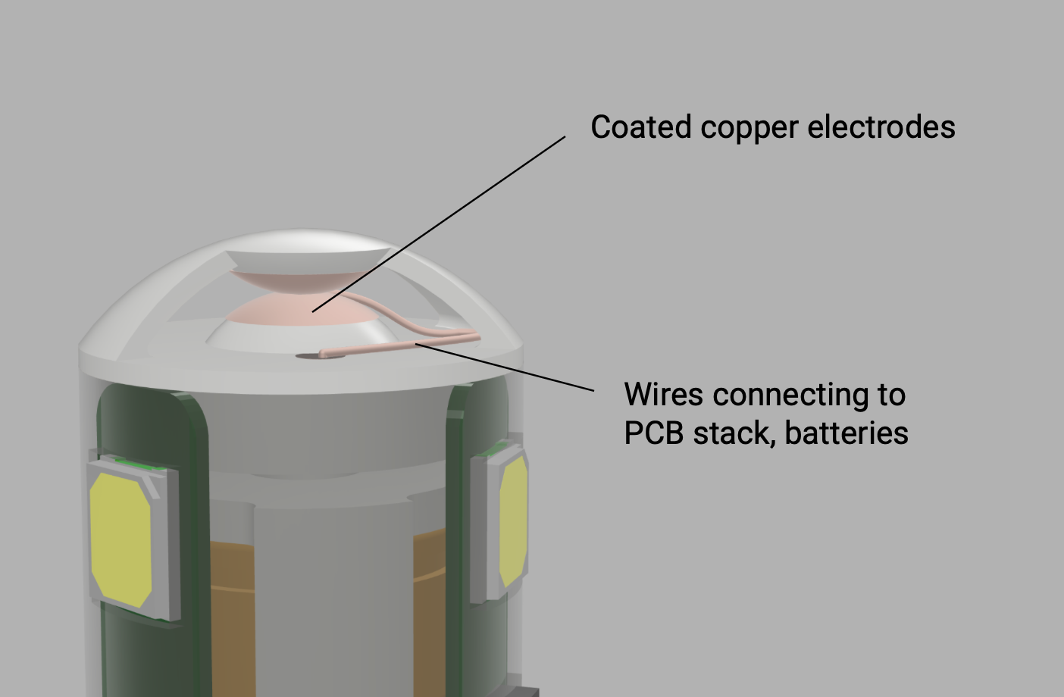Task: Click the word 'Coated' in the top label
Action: click(x=641, y=127)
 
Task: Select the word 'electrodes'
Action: click(x=881, y=127)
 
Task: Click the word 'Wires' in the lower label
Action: click(x=664, y=394)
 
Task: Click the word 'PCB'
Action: click(x=653, y=433)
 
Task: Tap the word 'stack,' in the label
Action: click(x=734, y=434)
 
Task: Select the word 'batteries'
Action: click(x=847, y=433)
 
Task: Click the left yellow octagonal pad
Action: click(x=121, y=540)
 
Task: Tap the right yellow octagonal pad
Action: click(x=514, y=521)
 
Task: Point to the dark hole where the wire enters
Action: click(x=308, y=355)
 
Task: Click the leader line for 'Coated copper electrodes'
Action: click(x=439, y=224)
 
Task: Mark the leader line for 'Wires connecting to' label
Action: click(x=505, y=367)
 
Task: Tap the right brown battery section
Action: click(x=430, y=612)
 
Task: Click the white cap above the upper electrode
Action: click(x=307, y=260)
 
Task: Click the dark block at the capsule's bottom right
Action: click(x=521, y=691)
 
